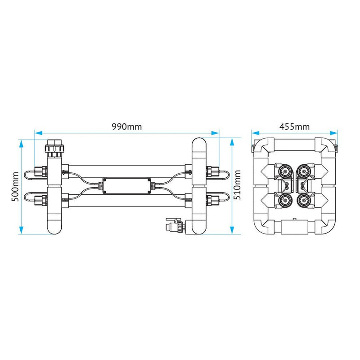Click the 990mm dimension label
pos(127,126)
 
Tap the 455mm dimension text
pos(294,126)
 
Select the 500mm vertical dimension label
pos(15,186)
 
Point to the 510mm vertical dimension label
pos(238,185)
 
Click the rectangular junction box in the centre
pos(127,186)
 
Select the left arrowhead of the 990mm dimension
pos(38,133)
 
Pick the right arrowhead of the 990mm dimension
pos(215,133)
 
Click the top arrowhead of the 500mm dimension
pos(21,144)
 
